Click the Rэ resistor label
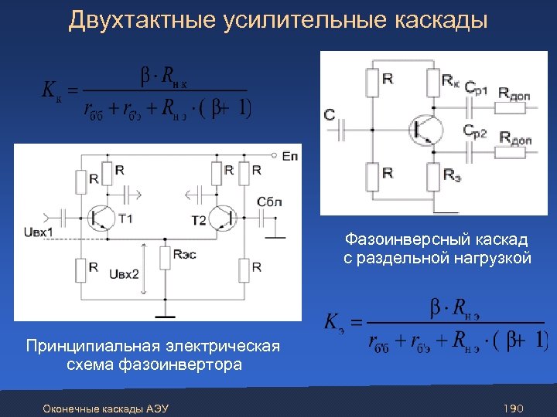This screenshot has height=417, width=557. pos(452,174)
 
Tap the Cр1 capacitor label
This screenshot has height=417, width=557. pos(476,88)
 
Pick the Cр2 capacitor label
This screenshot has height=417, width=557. pos(474,131)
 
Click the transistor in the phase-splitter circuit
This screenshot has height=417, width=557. pos(425,129)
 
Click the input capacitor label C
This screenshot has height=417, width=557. pos(330,115)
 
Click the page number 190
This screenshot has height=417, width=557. pos(514,408)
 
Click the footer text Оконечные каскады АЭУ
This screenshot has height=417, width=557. pos(106,408)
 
